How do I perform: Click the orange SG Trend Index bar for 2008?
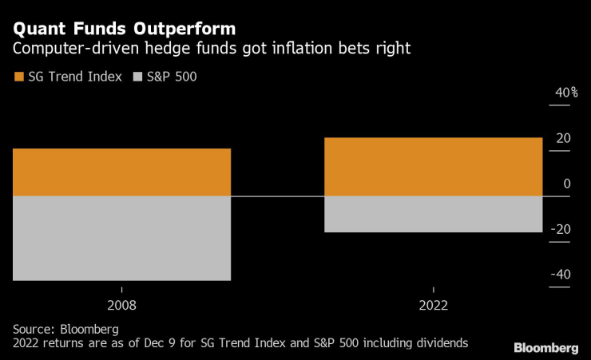click(x=122, y=172)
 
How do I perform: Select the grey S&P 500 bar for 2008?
click(x=122, y=238)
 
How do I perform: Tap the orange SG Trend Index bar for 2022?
click(x=433, y=167)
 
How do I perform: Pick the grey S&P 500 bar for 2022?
click(x=433, y=214)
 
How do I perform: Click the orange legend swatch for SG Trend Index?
click(x=18, y=77)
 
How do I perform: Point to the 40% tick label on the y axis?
click(x=566, y=93)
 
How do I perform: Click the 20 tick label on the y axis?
click(x=563, y=139)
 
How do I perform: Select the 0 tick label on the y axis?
click(x=567, y=184)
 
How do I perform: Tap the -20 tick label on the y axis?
click(x=561, y=230)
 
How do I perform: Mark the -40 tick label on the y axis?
click(x=561, y=275)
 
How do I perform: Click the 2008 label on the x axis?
click(x=122, y=305)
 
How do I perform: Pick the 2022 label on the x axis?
click(x=433, y=305)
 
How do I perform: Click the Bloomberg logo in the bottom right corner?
click(x=545, y=347)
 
